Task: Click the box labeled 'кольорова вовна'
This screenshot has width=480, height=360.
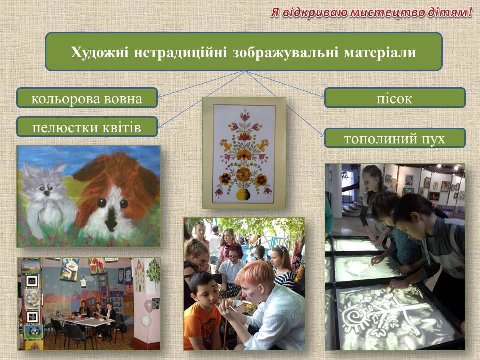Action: (87, 98)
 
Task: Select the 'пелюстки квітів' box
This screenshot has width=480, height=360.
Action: (87, 126)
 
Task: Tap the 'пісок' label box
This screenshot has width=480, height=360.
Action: (395, 98)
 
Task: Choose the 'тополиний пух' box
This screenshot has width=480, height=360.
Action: (395, 138)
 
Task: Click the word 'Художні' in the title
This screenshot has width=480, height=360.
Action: (100, 52)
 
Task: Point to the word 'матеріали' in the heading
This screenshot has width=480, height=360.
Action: (380, 52)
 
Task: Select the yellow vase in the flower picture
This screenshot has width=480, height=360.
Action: (243, 194)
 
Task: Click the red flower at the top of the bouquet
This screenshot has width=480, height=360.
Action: (245, 116)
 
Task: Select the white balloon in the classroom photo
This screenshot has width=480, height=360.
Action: (146, 321)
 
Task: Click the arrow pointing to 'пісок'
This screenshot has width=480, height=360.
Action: (285, 84)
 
